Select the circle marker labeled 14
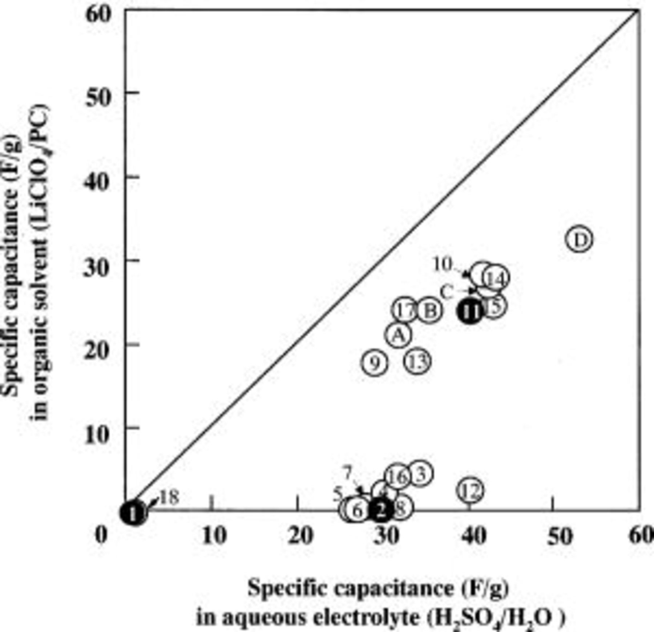pyautogui.click(x=495, y=278)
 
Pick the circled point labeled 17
pyautogui.click(x=404, y=310)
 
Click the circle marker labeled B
pyautogui.click(x=430, y=310)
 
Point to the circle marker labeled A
pyautogui.click(x=399, y=335)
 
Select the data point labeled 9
pyautogui.click(x=375, y=362)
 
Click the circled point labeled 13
pyautogui.click(x=418, y=361)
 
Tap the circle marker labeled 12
pyautogui.click(x=471, y=491)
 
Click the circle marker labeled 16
pyautogui.click(x=398, y=477)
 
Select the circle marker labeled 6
pyautogui.click(x=358, y=510)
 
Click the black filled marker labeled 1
pyautogui.click(x=133, y=513)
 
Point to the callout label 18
pyautogui.click(x=169, y=497)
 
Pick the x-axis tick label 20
pyautogui.click(x=301, y=535)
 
